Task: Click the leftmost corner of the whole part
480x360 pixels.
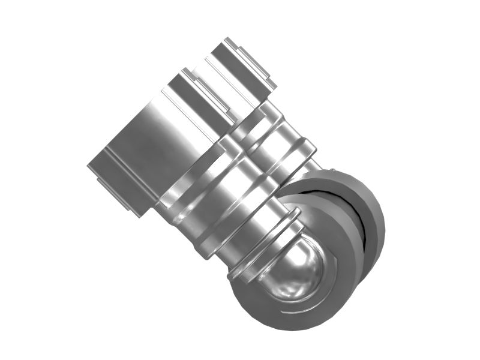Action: pos(88,166)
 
